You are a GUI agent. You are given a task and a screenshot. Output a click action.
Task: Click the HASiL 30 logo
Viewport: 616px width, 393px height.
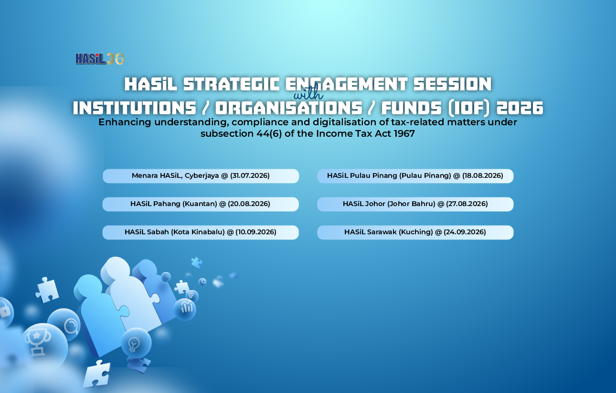click(x=100, y=59)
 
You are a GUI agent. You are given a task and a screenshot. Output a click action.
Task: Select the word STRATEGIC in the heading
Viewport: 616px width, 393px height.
click(x=232, y=84)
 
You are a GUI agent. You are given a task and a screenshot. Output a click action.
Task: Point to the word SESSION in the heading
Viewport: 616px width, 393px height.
click(x=452, y=84)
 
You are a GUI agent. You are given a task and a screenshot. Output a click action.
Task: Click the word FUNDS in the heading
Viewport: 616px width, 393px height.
click(x=412, y=108)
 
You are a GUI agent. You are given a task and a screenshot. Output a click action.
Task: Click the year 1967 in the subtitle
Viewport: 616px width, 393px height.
click(x=404, y=133)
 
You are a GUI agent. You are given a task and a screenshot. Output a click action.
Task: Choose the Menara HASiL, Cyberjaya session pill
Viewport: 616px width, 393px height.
click(x=201, y=176)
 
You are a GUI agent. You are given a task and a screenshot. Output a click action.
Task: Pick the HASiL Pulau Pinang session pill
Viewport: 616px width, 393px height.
click(x=415, y=176)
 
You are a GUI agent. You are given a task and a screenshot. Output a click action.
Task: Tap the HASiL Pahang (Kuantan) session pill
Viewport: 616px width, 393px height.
click(x=201, y=204)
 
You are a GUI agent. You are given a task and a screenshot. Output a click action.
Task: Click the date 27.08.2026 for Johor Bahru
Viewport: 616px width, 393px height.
click(x=467, y=204)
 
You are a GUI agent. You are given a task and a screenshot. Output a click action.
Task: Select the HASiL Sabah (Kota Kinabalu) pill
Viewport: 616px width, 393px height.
click(x=201, y=232)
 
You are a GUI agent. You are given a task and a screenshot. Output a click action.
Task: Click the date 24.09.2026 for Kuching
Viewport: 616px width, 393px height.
click(x=465, y=232)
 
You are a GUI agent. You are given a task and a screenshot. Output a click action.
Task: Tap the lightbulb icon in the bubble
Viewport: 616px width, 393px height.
click(x=134, y=344)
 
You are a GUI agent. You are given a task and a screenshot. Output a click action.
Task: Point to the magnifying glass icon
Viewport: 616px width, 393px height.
click(x=71, y=327)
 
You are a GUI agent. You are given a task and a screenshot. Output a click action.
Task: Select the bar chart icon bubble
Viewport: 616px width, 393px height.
click(x=185, y=309)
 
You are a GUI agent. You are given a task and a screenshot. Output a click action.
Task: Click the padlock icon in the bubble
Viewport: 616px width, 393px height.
click(x=5, y=310)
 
